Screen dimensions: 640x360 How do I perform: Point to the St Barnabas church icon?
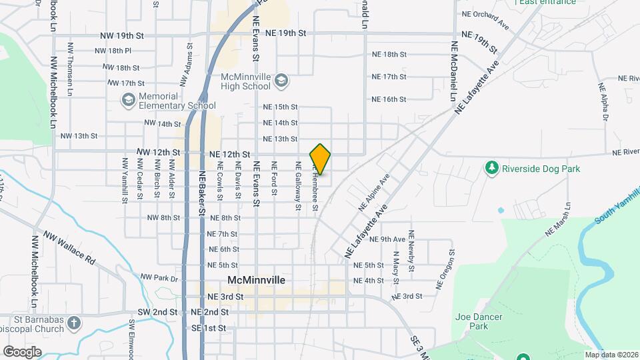tap(73, 324)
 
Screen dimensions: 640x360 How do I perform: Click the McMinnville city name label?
tap(257, 281)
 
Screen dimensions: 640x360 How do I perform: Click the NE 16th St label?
tap(389, 99)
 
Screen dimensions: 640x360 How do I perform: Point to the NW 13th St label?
tap(79, 136)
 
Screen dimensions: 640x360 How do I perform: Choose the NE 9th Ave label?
tap(387, 239)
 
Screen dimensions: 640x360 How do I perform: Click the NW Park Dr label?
tap(159, 277)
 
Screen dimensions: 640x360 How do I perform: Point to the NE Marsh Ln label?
tap(559, 220)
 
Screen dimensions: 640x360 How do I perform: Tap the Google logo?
tap(22, 352)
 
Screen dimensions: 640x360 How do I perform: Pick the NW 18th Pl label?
tap(113, 51)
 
